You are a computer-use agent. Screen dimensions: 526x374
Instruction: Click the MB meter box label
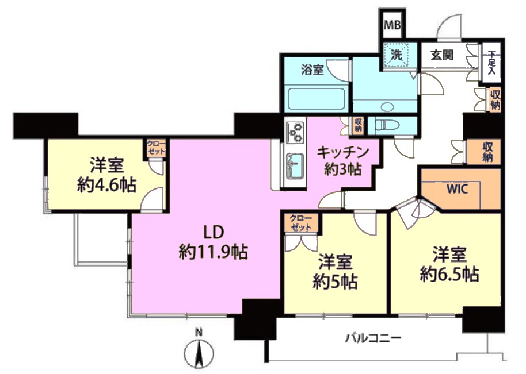[392, 25]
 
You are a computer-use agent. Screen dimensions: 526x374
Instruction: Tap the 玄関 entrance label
[442, 55]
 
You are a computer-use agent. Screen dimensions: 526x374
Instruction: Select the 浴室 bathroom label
[312, 70]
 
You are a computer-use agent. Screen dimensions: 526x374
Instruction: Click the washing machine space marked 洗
[397, 55]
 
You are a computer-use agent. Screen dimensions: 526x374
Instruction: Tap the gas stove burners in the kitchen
[295, 132]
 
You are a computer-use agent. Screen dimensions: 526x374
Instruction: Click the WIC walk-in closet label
[456, 189]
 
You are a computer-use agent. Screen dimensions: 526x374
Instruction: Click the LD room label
[214, 232]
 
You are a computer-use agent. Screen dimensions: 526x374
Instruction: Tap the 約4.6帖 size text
[106, 185]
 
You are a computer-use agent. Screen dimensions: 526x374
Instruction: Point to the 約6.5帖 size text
[449, 275]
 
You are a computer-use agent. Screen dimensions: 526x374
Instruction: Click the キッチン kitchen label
[342, 153]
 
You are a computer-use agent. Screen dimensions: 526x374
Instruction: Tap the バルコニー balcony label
[373, 337]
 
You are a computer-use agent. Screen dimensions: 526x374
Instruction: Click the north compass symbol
[199, 351]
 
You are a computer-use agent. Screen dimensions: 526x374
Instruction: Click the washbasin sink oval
[388, 107]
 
